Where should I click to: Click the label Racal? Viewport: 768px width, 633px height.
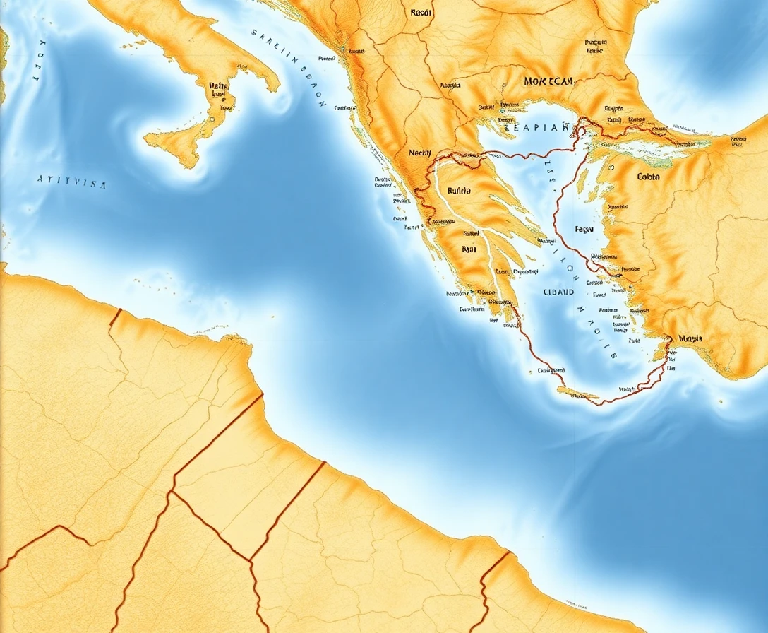click(x=420, y=12)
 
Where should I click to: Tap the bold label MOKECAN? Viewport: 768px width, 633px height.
click(x=548, y=81)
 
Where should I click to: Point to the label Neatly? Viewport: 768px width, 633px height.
click(x=419, y=153)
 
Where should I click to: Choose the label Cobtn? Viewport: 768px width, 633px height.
click(x=648, y=177)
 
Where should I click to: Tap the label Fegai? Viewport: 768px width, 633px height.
click(x=584, y=229)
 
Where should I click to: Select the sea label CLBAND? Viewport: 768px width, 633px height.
click(x=560, y=291)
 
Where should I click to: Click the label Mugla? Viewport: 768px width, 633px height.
click(x=690, y=338)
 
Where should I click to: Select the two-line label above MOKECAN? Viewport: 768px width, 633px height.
click(x=594, y=47)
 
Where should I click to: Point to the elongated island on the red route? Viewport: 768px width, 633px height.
click(x=577, y=395)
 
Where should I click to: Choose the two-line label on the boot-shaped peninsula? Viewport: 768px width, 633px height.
click(x=218, y=89)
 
